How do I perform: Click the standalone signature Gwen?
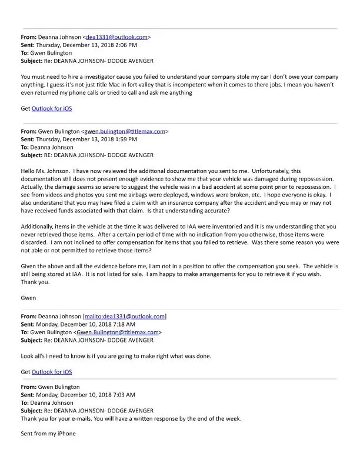point(28,298)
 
